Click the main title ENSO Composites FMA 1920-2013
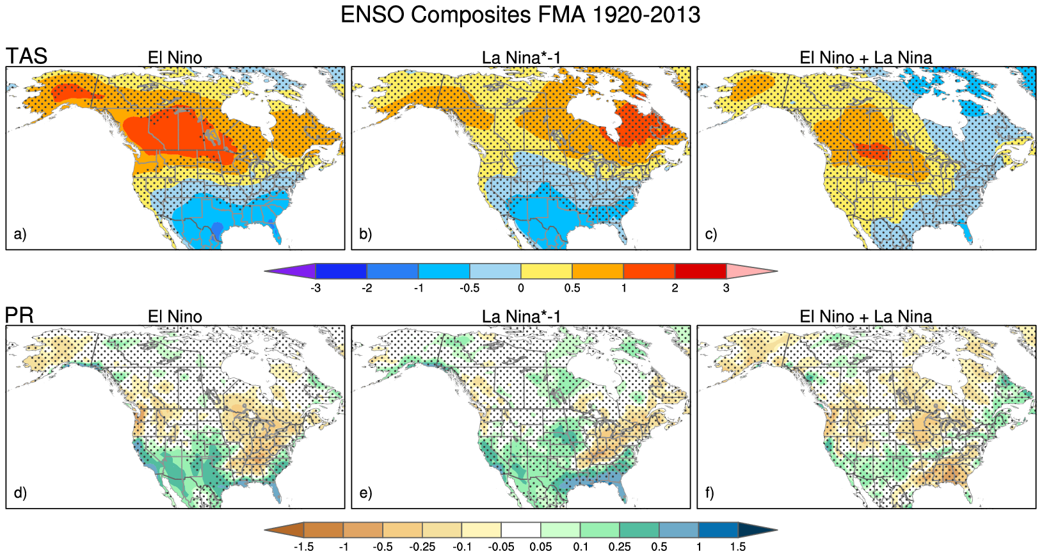click(520, 15)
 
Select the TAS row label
click(27, 56)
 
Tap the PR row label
click(19, 315)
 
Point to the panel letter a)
click(20, 234)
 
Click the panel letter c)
click(711, 234)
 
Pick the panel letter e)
click(365, 493)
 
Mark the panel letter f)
click(710, 493)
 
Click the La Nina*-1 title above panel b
click(521, 58)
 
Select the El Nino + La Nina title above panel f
click(866, 317)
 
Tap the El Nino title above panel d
click(175, 317)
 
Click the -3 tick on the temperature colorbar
click(316, 289)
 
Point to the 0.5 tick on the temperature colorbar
click(572, 289)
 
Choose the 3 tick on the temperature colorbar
click(726, 289)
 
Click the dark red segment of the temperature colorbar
click(700, 271)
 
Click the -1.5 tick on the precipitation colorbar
click(303, 547)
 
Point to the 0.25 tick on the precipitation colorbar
click(620, 547)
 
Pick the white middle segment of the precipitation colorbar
click(521, 530)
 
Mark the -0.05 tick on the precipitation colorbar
click(501, 547)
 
